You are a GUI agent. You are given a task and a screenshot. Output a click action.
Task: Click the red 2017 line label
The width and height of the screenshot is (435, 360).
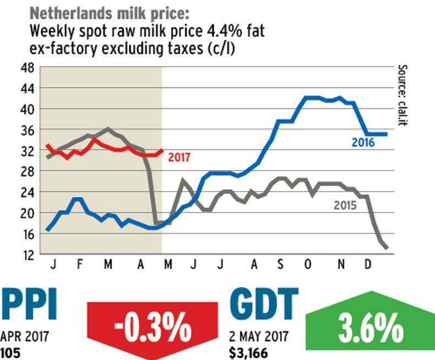[179, 157]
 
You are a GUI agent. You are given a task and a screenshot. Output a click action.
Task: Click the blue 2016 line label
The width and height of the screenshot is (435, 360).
[363, 143]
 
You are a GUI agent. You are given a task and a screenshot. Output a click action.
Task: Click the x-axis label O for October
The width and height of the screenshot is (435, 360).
[308, 265]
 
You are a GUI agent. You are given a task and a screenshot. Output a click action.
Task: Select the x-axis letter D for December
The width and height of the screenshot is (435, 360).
[367, 265]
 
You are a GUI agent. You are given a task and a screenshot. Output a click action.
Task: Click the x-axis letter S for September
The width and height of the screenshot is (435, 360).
[280, 265]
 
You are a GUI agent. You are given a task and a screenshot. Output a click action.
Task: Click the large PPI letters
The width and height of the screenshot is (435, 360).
[29, 304]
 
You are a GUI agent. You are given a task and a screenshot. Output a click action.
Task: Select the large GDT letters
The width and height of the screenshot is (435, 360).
[264, 304]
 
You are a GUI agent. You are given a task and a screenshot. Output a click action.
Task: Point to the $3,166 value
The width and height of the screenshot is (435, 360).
[250, 352]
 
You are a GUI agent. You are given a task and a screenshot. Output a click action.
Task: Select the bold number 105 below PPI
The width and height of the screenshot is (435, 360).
[12, 352]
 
